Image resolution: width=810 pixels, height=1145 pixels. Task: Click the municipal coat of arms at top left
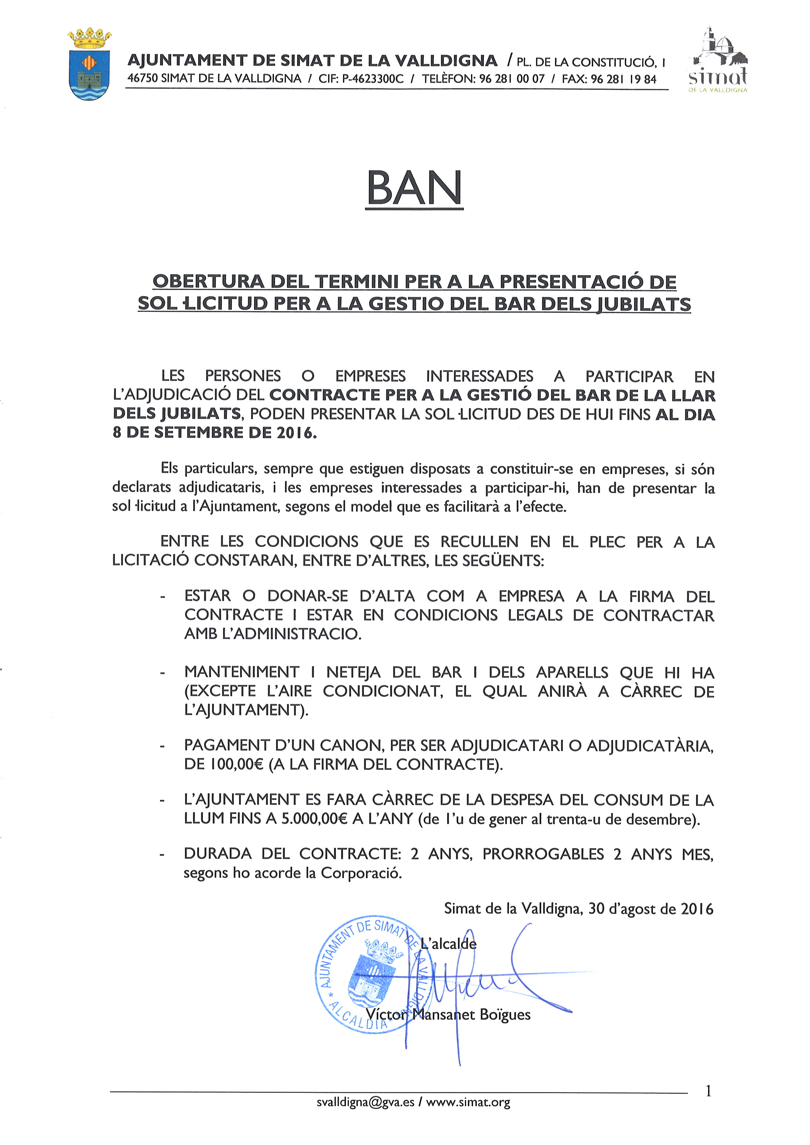point(89,65)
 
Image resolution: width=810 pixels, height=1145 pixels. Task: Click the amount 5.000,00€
point(314,819)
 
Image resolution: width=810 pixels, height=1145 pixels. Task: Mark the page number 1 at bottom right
point(708,1092)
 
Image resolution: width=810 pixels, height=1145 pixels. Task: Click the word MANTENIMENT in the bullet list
point(242,672)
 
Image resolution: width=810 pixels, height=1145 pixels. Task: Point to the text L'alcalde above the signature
point(448,944)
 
